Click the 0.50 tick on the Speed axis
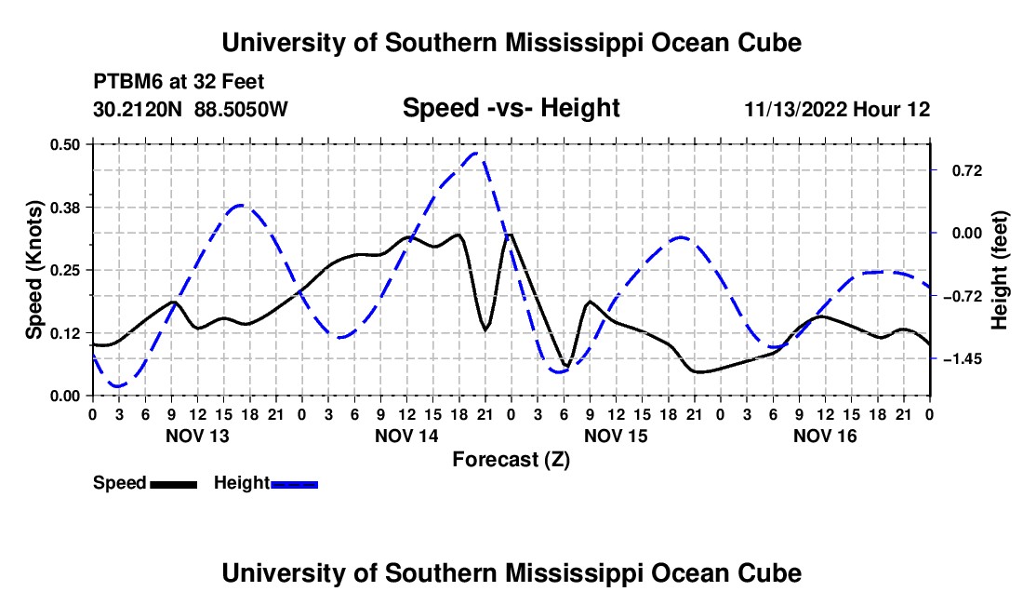64,144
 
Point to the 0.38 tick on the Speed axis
64,208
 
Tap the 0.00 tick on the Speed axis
64,396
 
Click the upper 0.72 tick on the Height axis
967,171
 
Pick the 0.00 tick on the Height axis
967,233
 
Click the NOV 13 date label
198,436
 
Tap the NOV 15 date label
616,436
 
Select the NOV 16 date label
825,436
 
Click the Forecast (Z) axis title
511,460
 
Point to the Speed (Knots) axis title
33,270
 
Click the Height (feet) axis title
1000,270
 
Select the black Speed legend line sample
174,484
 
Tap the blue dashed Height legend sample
294,484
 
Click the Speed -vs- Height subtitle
511,108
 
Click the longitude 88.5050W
241,109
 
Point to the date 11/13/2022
796,109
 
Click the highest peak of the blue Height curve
475,154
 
